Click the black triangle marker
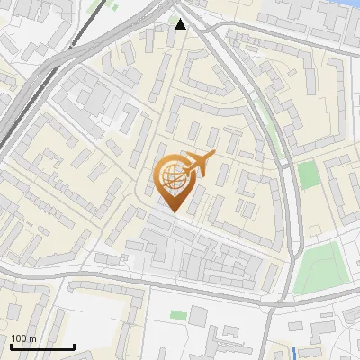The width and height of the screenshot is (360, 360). coord(181,24)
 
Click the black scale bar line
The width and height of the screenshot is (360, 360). coord(42,346)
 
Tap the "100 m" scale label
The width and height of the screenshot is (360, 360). coord(23,338)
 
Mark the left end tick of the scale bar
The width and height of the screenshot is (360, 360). coord(11,345)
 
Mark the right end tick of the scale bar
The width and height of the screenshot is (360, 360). coord(74,345)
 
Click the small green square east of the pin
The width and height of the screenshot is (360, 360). coord(309,175)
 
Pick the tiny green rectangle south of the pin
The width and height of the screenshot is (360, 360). coord(177,316)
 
